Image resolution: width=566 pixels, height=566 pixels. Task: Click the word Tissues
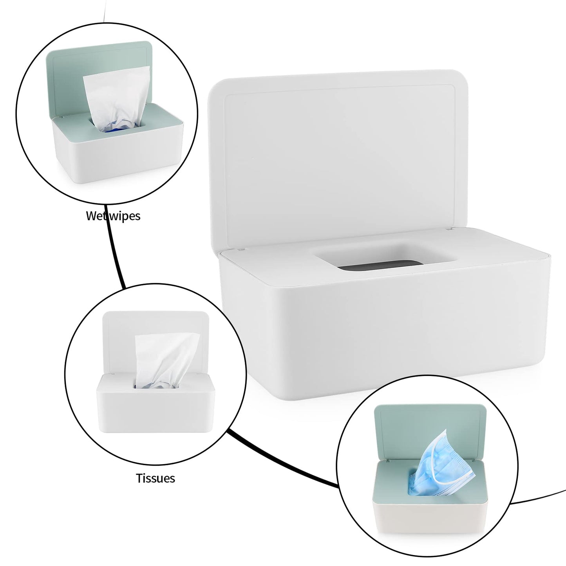(156, 478)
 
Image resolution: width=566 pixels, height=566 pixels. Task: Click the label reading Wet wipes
(113, 216)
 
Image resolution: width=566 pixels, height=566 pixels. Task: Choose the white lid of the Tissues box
(118, 333)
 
